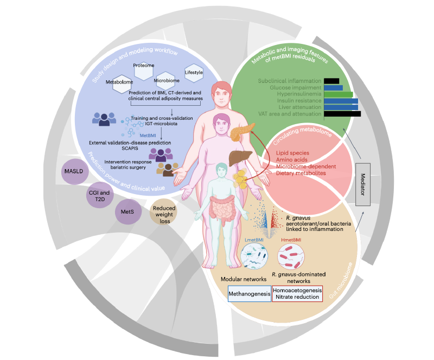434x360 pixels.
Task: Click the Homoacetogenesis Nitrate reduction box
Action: click(x=297, y=293)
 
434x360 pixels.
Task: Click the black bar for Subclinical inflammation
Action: click(x=331, y=81)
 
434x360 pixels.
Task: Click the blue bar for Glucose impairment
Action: click(x=333, y=87)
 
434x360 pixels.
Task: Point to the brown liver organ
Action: click(x=237, y=157)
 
